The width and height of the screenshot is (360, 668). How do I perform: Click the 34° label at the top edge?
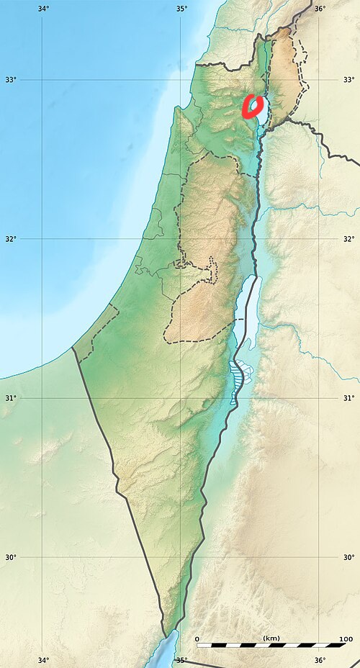(43, 9)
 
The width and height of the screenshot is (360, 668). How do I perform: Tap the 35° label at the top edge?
(181, 9)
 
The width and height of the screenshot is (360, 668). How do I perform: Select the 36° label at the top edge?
(320, 9)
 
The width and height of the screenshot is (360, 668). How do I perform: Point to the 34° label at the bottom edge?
(43, 660)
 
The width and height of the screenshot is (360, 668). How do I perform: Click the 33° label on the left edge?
(10, 79)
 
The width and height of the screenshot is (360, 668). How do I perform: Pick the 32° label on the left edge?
(10, 239)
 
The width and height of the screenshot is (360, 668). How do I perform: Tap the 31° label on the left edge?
(10, 398)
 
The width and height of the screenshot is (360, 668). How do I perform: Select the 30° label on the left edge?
(10, 557)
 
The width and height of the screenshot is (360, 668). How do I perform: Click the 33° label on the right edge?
(348, 79)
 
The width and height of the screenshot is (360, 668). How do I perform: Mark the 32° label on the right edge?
(348, 239)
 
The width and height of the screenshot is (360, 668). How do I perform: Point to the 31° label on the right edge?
(348, 398)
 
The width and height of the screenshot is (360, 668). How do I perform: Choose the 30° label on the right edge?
(348, 557)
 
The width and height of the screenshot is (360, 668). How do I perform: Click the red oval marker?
(252, 107)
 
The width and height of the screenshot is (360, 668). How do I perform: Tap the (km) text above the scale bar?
(271, 638)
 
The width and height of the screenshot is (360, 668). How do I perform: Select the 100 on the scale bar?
(346, 638)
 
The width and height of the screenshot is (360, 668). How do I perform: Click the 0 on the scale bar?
(197, 638)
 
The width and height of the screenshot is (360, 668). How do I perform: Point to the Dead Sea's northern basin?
(243, 310)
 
